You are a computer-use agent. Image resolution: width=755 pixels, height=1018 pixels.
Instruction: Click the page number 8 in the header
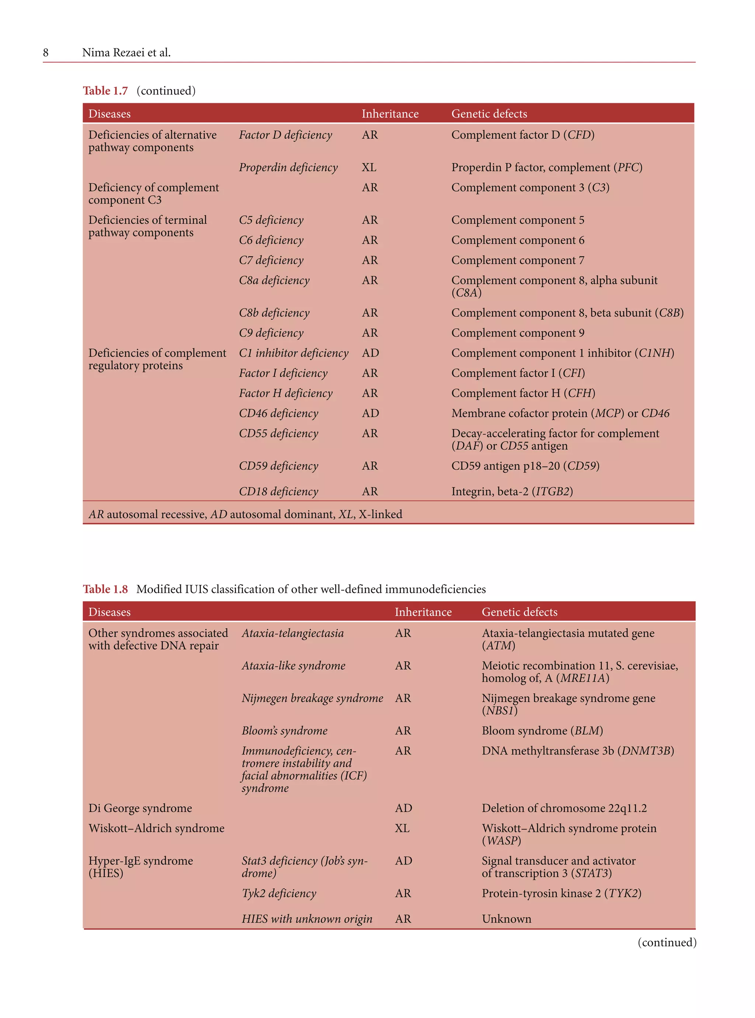pos(46,53)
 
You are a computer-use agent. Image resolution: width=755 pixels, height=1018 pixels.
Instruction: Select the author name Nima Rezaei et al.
pos(126,53)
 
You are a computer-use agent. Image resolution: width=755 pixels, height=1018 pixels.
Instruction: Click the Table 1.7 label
pos(105,90)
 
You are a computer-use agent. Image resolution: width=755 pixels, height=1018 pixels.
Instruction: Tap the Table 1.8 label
pos(105,589)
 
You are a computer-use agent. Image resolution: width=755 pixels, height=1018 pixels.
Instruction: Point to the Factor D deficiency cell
pos(285,135)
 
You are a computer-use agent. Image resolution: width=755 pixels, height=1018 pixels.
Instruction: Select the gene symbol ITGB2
pos(552,491)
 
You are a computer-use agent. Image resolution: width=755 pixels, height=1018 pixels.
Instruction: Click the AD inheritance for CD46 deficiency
pos(370,413)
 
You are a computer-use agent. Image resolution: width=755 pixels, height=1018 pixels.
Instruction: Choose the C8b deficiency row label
pos(274,313)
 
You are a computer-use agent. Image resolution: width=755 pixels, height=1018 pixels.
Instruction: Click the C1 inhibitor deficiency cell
pos(293,353)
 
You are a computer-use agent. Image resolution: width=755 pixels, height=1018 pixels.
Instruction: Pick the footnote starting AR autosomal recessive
pos(245,514)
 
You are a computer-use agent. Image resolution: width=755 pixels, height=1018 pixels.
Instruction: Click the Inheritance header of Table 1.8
pos(423,612)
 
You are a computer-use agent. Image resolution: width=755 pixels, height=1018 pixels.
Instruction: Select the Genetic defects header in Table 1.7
pos(489,114)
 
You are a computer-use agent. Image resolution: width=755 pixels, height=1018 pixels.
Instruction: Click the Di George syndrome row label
pos(140,808)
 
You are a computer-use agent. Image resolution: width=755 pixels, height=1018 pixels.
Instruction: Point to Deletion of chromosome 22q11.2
pos(564,808)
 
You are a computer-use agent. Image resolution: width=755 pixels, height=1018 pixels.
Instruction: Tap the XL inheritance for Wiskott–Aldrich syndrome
pos(402,828)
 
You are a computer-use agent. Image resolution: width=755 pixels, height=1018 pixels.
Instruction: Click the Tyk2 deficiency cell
pos(279,893)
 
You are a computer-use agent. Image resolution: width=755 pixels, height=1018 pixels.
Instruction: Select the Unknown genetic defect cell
pos(507,919)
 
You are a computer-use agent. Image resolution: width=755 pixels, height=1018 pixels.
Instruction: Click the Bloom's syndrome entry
pos(284,731)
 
